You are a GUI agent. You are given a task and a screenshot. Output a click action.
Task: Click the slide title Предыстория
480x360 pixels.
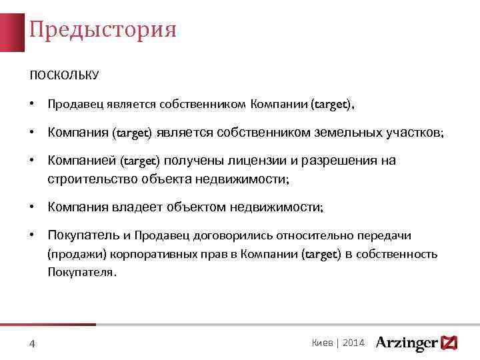point(103,30)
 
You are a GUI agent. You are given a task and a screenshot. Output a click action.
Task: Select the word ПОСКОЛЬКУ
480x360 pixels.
point(64,75)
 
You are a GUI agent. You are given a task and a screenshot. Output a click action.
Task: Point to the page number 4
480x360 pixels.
point(33,344)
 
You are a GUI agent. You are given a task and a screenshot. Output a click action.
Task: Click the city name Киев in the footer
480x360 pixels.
point(323,343)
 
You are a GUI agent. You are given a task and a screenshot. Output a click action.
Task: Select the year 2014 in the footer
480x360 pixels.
point(353,343)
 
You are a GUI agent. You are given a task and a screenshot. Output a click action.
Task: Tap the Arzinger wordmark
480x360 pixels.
point(406,343)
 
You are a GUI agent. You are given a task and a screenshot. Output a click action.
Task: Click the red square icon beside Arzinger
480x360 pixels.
point(449,343)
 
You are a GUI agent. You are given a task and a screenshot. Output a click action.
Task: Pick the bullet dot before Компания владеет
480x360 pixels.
point(32,207)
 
